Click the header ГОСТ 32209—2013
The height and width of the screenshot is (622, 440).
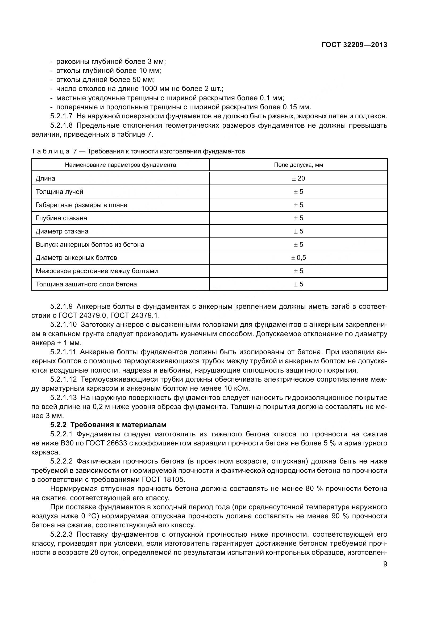pos(354,45)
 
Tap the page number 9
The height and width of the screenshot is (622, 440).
pos(385,564)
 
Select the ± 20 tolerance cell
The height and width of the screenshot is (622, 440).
pos(298,178)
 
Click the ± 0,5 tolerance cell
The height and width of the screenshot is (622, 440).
pos(298,258)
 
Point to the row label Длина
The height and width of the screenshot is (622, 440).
pos(45,178)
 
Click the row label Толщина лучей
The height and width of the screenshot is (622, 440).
pos(59,191)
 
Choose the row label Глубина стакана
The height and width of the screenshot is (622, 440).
pos(61,218)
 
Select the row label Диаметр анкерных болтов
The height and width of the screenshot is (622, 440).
pos(76,258)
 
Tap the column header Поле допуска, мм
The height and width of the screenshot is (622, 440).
pos(298,165)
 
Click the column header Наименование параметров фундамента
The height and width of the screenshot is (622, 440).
pos(120,165)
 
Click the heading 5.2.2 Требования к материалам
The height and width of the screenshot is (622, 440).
pos(108,425)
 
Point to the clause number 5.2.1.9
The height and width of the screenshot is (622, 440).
pos(61,306)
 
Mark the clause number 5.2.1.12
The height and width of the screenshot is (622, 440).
pos(63,379)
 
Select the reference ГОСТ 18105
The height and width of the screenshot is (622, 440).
pos(164,479)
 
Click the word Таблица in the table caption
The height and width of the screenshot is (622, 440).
pos(51,151)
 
